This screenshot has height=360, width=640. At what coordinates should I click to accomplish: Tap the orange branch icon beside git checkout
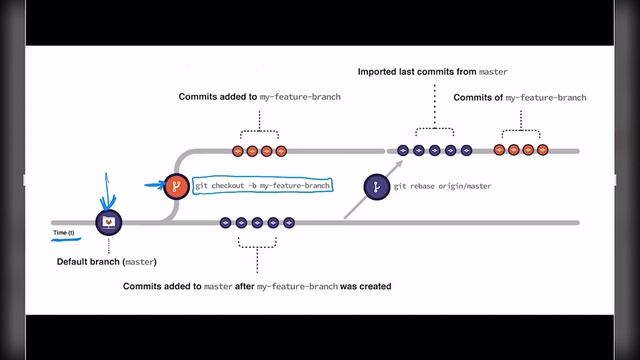pos(176,186)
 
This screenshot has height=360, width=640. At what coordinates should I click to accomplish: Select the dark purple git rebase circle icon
pos(376,186)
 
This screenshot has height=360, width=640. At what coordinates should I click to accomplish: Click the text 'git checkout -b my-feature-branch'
pos(262,186)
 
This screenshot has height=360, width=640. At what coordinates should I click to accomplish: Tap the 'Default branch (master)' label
pos(107,262)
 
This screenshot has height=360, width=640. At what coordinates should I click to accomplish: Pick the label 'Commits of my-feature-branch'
pos(519,97)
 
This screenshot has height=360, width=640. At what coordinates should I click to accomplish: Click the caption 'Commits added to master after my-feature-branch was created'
pos(256,286)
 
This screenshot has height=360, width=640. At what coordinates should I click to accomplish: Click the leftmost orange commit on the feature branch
pos(238,151)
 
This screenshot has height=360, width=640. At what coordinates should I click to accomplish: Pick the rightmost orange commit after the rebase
pos(543,150)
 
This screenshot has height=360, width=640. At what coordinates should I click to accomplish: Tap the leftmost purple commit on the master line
pos(225,222)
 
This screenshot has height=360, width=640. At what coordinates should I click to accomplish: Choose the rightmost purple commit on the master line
pos(289,222)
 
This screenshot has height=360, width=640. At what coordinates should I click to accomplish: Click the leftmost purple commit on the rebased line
pos(403,150)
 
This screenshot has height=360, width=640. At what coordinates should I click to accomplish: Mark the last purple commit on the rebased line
pos(467,150)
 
